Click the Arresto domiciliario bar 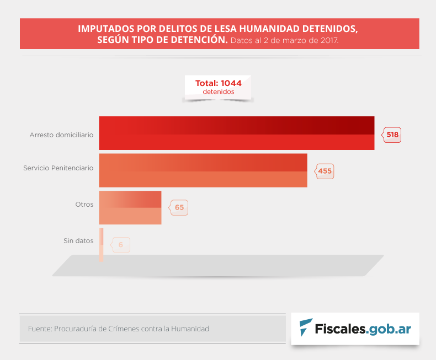click(x=236, y=133)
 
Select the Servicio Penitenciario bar click(x=203, y=170)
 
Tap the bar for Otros click(x=130, y=207)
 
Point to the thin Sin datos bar click(x=101, y=244)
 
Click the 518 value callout click(x=392, y=135)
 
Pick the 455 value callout click(x=325, y=171)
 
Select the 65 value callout click(x=179, y=208)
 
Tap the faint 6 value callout click(x=120, y=245)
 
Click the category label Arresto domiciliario click(x=61, y=135)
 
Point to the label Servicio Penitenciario click(x=58, y=168)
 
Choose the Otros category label click(x=84, y=205)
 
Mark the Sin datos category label click(x=78, y=241)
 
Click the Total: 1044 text click(x=218, y=83)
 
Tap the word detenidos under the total click(x=218, y=92)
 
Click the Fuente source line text click(x=118, y=329)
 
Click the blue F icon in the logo click(x=305, y=327)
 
